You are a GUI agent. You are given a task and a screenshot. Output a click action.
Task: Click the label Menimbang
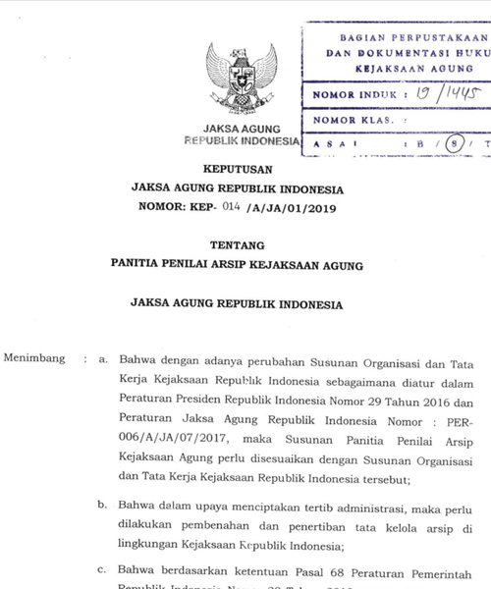[34, 358]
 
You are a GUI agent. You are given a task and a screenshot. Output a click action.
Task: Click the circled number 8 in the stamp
[453, 144]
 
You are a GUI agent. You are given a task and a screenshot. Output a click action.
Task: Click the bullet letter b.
[102, 505]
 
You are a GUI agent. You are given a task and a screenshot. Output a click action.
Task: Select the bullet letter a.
[102, 359]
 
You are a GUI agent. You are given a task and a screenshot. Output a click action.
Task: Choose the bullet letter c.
[102, 569]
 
